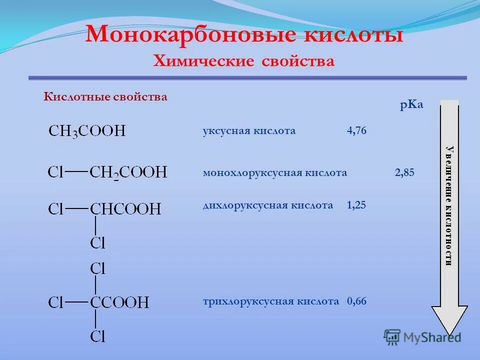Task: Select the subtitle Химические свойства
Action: click(243, 61)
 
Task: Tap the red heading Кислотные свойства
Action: click(105, 97)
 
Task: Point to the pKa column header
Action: click(411, 105)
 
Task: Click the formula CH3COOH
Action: click(87, 131)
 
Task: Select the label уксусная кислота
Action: click(249, 131)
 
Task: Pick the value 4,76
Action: click(356, 131)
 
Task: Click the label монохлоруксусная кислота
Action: click(274, 173)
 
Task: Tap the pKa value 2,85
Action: click(404, 173)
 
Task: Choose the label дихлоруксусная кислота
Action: click(267, 205)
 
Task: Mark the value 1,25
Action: click(356, 205)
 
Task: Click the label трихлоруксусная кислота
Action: click(271, 302)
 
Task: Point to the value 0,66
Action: click(356, 302)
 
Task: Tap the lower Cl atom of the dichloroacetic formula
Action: click(98, 243)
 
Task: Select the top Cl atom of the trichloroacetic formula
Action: click(98, 269)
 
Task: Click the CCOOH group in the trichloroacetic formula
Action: click(119, 302)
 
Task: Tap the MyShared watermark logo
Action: click(423, 336)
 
